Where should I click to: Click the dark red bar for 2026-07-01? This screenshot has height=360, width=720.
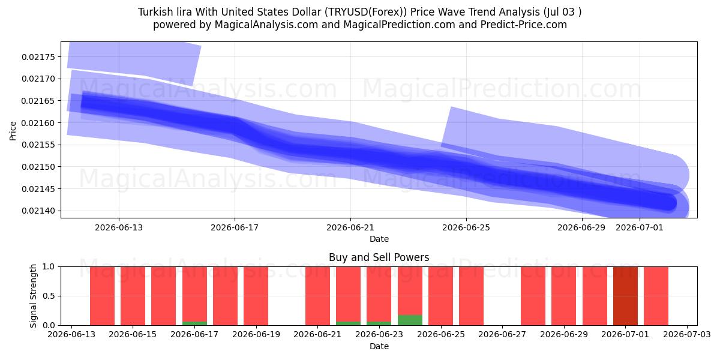(x=625, y=296)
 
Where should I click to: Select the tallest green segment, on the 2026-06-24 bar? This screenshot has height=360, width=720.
(x=410, y=320)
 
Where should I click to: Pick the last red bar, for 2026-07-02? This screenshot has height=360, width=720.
(x=656, y=296)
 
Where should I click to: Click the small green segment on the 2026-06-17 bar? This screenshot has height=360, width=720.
(x=194, y=323)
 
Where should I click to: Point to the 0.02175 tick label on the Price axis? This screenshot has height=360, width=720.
(x=38, y=57)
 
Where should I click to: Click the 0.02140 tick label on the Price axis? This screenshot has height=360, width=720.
(x=38, y=211)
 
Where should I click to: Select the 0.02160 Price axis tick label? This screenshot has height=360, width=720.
(x=38, y=123)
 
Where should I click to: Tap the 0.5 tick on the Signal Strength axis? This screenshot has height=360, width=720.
(x=49, y=296)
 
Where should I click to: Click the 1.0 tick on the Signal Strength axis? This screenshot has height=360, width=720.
(x=49, y=267)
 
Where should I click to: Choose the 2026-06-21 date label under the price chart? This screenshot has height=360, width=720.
(x=350, y=227)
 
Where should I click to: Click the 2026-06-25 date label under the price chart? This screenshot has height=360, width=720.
(x=466, y=227)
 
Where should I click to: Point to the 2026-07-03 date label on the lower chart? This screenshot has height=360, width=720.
(x=687, y=335)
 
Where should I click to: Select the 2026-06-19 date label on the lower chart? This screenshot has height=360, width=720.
(x=256, y=335)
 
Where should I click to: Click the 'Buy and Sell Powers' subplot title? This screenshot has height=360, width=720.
(x=379, y=257)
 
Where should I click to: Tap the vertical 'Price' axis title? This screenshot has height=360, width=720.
(x=13, y=131)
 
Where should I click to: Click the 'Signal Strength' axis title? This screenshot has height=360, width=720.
(x=33, y=296)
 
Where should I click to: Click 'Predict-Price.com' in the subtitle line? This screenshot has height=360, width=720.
(x=524, y=25)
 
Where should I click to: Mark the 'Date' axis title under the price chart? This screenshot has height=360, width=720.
(x=379, y=239)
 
